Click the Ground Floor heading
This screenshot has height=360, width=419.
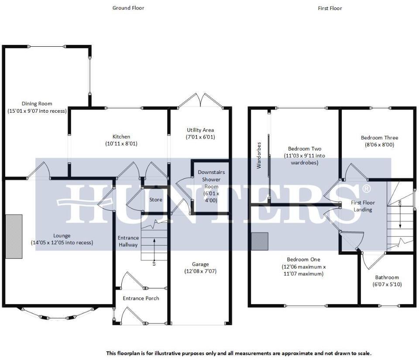tap(128, 8)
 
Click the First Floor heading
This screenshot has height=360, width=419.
tap(330, 8)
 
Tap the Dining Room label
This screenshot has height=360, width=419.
tap(37, 104)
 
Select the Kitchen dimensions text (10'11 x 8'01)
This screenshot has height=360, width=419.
tap(121, 143)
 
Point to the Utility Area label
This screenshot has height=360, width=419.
tap(200, 130)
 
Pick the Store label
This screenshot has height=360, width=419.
tap(155, 200)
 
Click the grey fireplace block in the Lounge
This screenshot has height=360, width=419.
tap(14, 236)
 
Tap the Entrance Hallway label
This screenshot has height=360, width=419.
tap(128, 241)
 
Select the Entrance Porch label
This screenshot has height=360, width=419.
tap(141, 298)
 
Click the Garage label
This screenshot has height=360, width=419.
tap(200, 264)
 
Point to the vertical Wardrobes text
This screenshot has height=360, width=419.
tap(259, 155)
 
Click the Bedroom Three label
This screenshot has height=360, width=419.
tap(379, 138)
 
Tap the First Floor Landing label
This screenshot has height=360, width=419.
tap(363, 206)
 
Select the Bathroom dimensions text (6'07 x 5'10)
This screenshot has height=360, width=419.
tap(387, 284)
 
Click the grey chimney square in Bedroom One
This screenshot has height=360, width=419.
tap(260, 241)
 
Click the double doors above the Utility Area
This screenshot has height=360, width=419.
tap(200, 100)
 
